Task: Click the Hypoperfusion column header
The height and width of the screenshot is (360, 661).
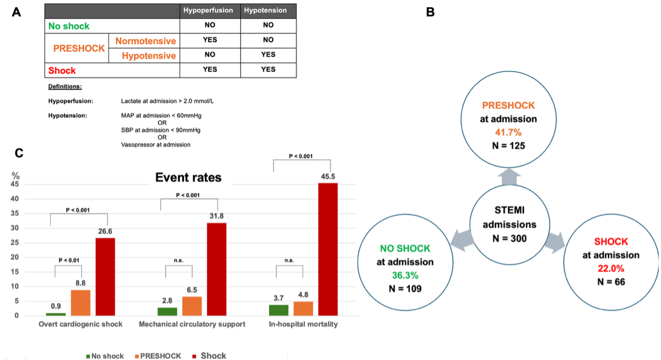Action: point(210,11)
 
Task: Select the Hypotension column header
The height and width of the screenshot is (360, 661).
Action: point(268,11)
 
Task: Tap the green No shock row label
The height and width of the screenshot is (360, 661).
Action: point(69,26)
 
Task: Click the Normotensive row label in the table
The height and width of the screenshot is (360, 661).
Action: point(145,41)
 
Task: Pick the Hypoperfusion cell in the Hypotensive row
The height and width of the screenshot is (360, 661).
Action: point(210,55)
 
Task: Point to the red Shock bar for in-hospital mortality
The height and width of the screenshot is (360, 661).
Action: point(328,249)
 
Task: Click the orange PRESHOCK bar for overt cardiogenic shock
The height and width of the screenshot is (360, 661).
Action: point(80,302)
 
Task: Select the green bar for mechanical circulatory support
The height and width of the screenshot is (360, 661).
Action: point(167,311)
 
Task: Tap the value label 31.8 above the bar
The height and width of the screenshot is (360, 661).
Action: point(217,216)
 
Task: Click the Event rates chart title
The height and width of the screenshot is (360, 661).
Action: point(188,178)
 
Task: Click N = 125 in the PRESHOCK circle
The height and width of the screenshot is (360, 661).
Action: point(508,146)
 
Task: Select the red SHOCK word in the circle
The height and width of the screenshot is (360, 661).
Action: point(611,242)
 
